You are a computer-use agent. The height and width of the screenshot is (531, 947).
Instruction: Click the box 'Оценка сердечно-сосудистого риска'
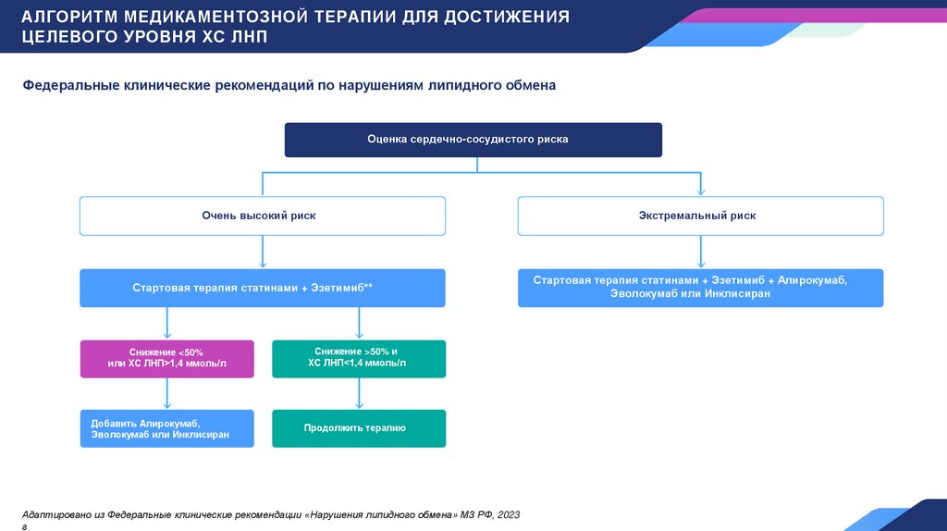pos(473,140)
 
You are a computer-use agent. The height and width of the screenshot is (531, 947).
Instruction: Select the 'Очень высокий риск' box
pos(263,216)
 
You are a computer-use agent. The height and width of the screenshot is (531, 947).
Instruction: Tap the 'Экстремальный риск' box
pos(700,216)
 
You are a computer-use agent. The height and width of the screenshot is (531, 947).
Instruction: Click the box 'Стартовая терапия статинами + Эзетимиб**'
pos(263,288)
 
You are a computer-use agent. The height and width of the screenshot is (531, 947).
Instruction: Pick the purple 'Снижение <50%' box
pos(166,359)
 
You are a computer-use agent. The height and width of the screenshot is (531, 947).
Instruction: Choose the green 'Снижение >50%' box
pos(359,359)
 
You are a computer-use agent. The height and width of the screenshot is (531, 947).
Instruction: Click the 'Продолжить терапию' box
pos(359,428)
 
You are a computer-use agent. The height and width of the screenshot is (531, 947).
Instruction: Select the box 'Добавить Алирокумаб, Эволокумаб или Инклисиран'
pos(166,428)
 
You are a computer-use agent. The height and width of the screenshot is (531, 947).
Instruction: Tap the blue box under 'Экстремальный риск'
pos(700,288)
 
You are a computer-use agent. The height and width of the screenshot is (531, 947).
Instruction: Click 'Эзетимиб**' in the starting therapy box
pos(342,288)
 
